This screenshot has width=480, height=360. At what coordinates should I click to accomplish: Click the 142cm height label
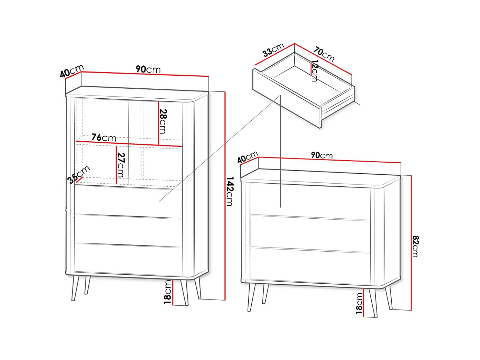230,192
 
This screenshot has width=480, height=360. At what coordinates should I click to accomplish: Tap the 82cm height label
415,246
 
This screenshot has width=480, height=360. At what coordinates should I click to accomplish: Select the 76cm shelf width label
104,138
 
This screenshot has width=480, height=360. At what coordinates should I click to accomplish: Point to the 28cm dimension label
163,121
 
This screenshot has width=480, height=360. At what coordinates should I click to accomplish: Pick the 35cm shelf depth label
79,174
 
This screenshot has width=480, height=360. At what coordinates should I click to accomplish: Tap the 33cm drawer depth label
273,50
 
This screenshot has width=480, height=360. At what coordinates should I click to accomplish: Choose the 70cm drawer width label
324,54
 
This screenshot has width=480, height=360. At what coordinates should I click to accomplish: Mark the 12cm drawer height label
315,71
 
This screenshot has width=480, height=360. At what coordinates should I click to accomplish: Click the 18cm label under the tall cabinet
167,292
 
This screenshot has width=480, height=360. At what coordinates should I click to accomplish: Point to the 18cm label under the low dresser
359,303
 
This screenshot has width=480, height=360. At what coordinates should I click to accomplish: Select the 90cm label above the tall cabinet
148,69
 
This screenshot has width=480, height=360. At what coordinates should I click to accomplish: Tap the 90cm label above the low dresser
322,155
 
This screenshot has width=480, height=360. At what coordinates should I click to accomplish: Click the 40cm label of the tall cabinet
72,71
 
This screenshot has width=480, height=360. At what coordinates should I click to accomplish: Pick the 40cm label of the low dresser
248,157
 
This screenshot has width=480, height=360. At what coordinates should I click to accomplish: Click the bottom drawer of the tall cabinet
128,259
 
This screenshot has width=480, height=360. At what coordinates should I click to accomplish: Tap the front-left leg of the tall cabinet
75,288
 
